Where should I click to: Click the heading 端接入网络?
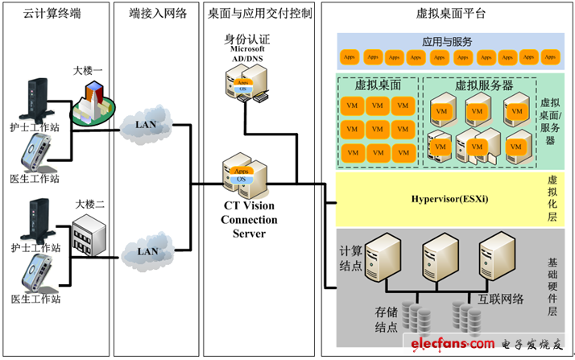[159, 13]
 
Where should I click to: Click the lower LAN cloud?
[147, 250]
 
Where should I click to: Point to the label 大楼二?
[89, 203]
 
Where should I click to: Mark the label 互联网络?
[504, 300]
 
